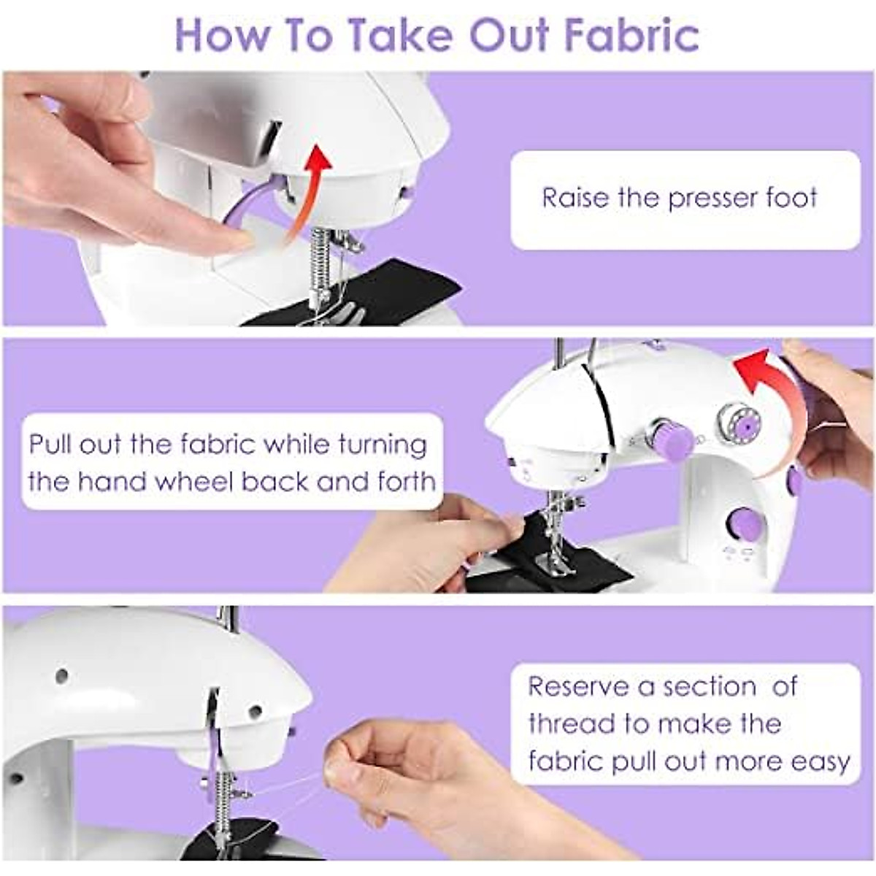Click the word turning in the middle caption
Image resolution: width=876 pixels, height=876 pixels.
point(383,445)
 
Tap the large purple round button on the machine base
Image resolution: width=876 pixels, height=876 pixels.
point(745,523)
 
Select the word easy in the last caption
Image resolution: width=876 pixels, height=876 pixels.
point(821,761)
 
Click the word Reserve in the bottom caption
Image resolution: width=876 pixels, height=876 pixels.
point(577,687)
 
